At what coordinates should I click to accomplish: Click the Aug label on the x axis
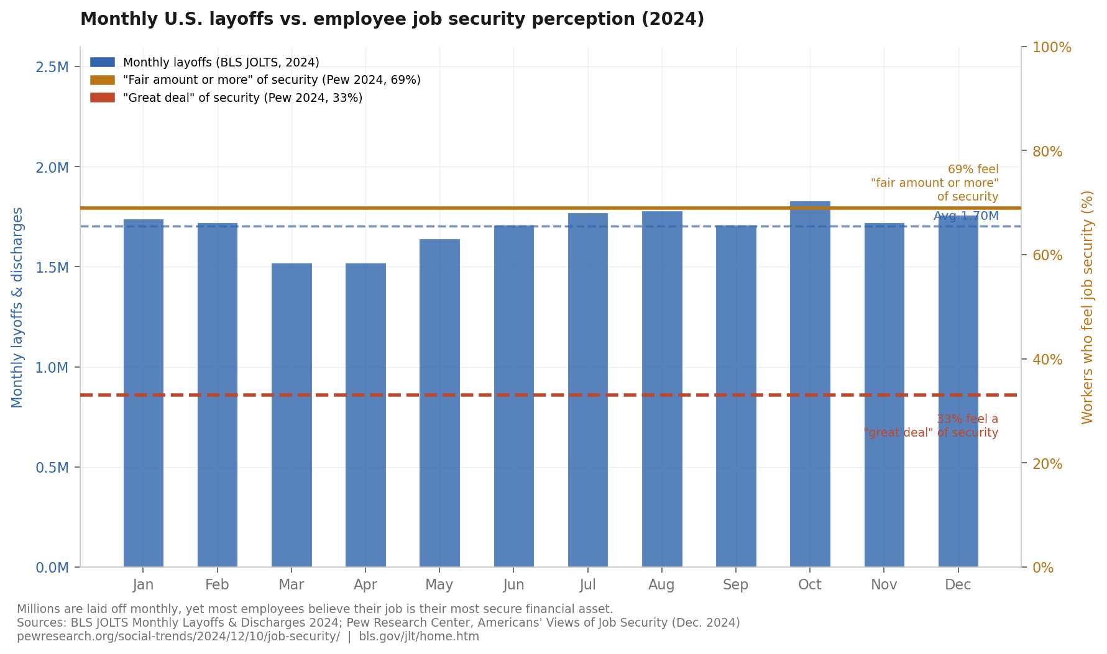661,585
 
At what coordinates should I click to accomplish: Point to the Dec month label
958,585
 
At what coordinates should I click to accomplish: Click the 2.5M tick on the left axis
52,67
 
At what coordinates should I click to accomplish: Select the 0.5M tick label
52,468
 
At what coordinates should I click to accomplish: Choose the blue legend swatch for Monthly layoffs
103,62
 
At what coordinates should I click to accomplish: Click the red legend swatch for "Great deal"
103,98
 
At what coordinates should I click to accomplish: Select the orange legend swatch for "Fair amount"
103,80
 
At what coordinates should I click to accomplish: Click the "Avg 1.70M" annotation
966,216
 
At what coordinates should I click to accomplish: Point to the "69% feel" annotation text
973,170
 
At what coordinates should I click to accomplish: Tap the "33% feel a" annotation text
967,419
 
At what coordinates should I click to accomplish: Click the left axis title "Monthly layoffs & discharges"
17,307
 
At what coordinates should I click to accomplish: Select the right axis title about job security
1087,307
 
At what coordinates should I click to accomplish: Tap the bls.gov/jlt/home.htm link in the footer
419,637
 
